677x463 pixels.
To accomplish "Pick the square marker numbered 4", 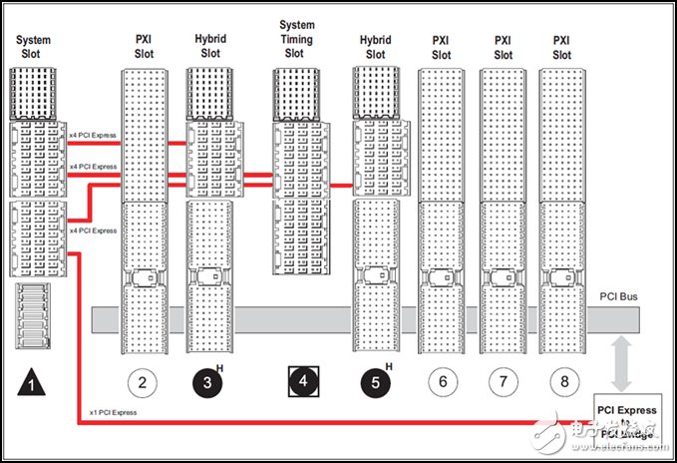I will [x=300, y=380].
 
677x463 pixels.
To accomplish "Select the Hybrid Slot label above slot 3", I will [x=209, y=45].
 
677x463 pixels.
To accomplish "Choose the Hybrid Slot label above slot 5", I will [x=375, y=47].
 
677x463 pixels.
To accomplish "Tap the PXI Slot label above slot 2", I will [x=143, y=47].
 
